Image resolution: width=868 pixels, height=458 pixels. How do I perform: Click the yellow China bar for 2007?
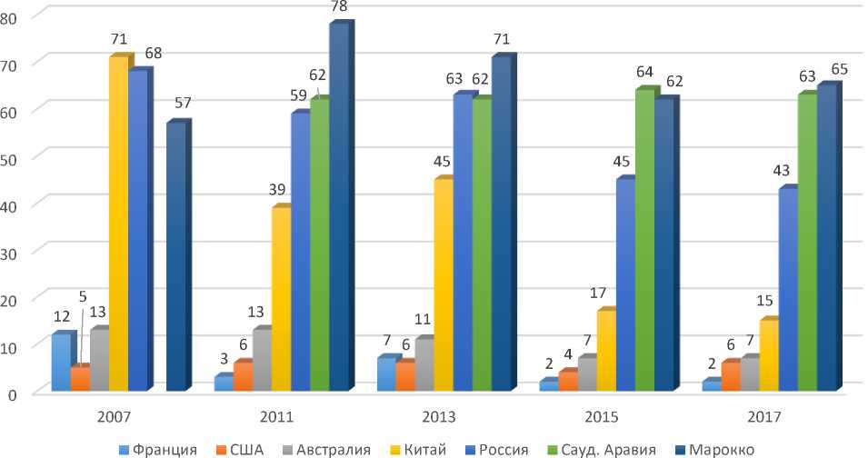coord(118,227)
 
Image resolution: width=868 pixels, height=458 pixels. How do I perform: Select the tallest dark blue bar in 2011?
coord(338,209)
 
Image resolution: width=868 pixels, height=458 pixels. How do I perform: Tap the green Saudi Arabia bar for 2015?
coord(644,241)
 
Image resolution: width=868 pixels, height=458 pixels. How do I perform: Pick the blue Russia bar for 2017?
coord(787,291)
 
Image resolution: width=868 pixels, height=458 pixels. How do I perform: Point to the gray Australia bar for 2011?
coord(262,361)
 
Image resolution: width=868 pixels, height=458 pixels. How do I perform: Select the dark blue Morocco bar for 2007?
coord(175,259)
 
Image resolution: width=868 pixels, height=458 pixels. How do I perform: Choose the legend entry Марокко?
coord(723,448)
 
